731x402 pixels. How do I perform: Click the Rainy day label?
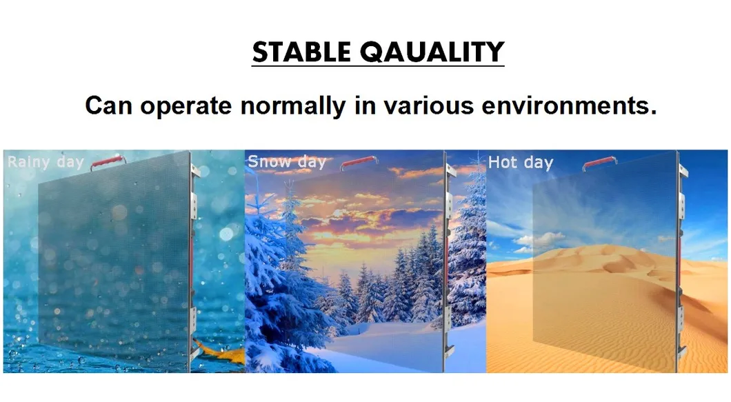tap(46, 163)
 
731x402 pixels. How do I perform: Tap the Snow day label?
tap(286, 162)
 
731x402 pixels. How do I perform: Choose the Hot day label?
tap(520, 163)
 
